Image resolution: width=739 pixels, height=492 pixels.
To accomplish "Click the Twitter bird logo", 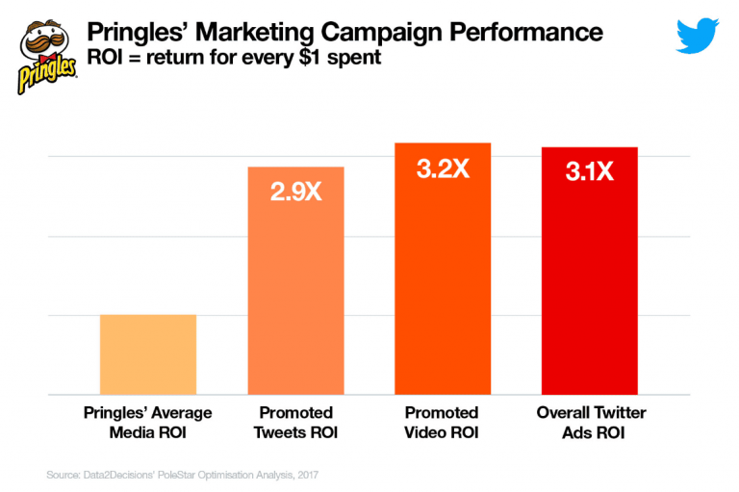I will click(x=698, y=37).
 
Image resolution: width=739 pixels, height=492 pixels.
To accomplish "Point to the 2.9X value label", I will click(x=295, y=191).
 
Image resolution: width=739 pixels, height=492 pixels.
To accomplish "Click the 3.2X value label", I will click(x=443, y=169).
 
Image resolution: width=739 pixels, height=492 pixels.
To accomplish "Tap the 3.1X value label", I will click(x=590, y=172).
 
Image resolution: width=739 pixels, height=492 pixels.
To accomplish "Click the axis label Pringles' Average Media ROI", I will click(x=148, y=423).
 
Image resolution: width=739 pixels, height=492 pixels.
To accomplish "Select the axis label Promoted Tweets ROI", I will click(x=295, y=423).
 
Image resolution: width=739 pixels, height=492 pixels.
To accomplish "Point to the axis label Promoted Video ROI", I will click(x=443, y=423).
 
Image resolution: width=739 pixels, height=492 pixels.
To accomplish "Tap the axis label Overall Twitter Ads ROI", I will click(x=590, y=423).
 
